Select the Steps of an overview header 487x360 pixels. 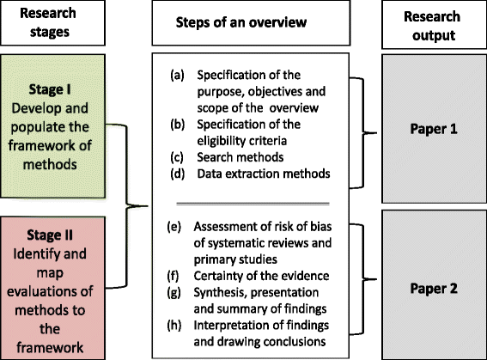click(x=243, y=24)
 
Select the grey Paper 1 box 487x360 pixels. click(x=433, y=135)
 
